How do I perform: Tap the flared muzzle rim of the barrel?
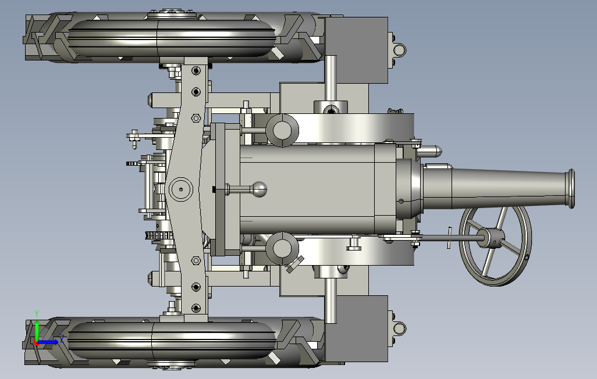(571, 189)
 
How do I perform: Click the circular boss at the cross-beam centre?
(180, 189)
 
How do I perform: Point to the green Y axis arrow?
(37, 330)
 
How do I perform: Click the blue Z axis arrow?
(48, 342)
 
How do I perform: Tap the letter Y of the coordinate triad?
(37, 314)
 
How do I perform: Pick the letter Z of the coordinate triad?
(62, 338)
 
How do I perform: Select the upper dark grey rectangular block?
(356, 50)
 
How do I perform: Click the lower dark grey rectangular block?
(356, 329)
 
